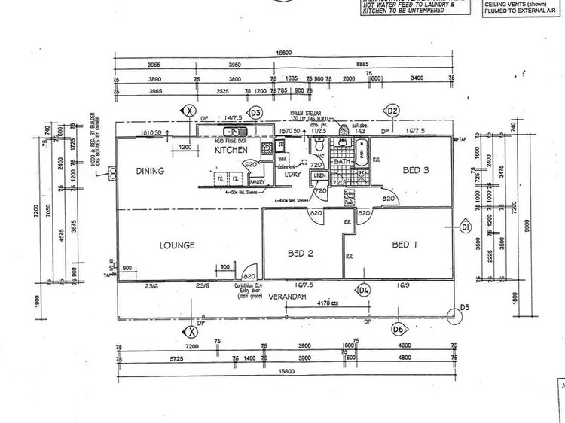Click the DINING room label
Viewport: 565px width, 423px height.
click(150, 171)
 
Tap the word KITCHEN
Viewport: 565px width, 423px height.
click(231, 150)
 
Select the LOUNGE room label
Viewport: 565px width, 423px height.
click(177, 245)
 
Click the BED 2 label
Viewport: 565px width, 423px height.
click(301, 253)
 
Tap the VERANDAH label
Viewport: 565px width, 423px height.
click(295, 296)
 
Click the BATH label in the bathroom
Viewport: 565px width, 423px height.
click(342, 162)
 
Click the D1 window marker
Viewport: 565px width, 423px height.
click(466, 227)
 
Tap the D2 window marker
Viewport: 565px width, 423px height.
click(392, 111)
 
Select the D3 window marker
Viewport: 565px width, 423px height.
click(255, 112)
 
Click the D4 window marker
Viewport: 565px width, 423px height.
click(364, 289)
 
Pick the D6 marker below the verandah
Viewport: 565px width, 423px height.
click(397, 329)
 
